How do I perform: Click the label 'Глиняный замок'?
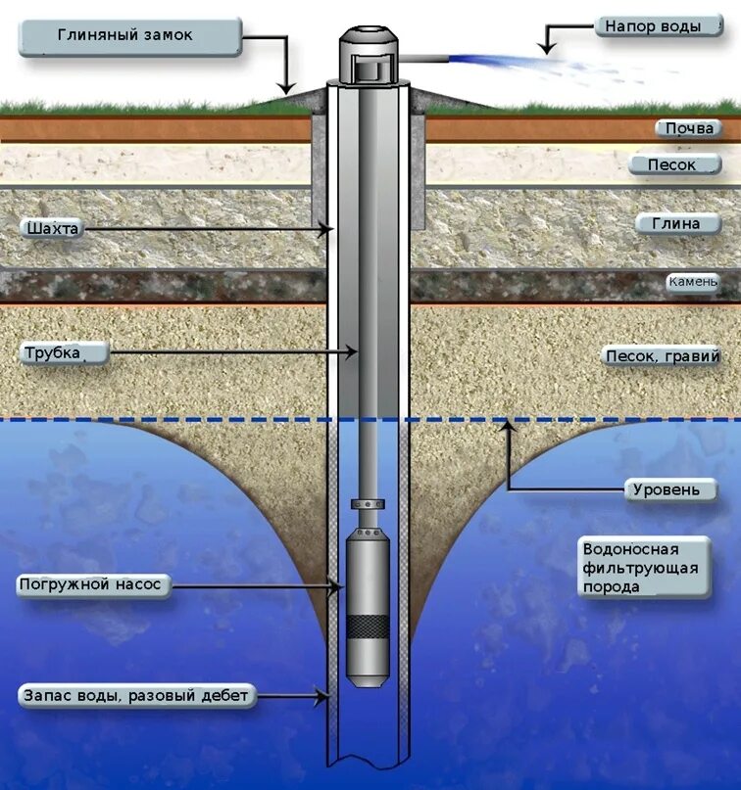coord(130,36)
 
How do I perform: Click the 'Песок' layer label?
coord(672,164)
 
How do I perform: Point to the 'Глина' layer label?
coord(677,223)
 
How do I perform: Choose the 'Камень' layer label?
coord(700,282)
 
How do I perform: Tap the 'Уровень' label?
coord(667,488)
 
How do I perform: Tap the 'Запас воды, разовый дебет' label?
coord(137,696)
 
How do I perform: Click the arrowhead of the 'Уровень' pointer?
coord(508,425)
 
